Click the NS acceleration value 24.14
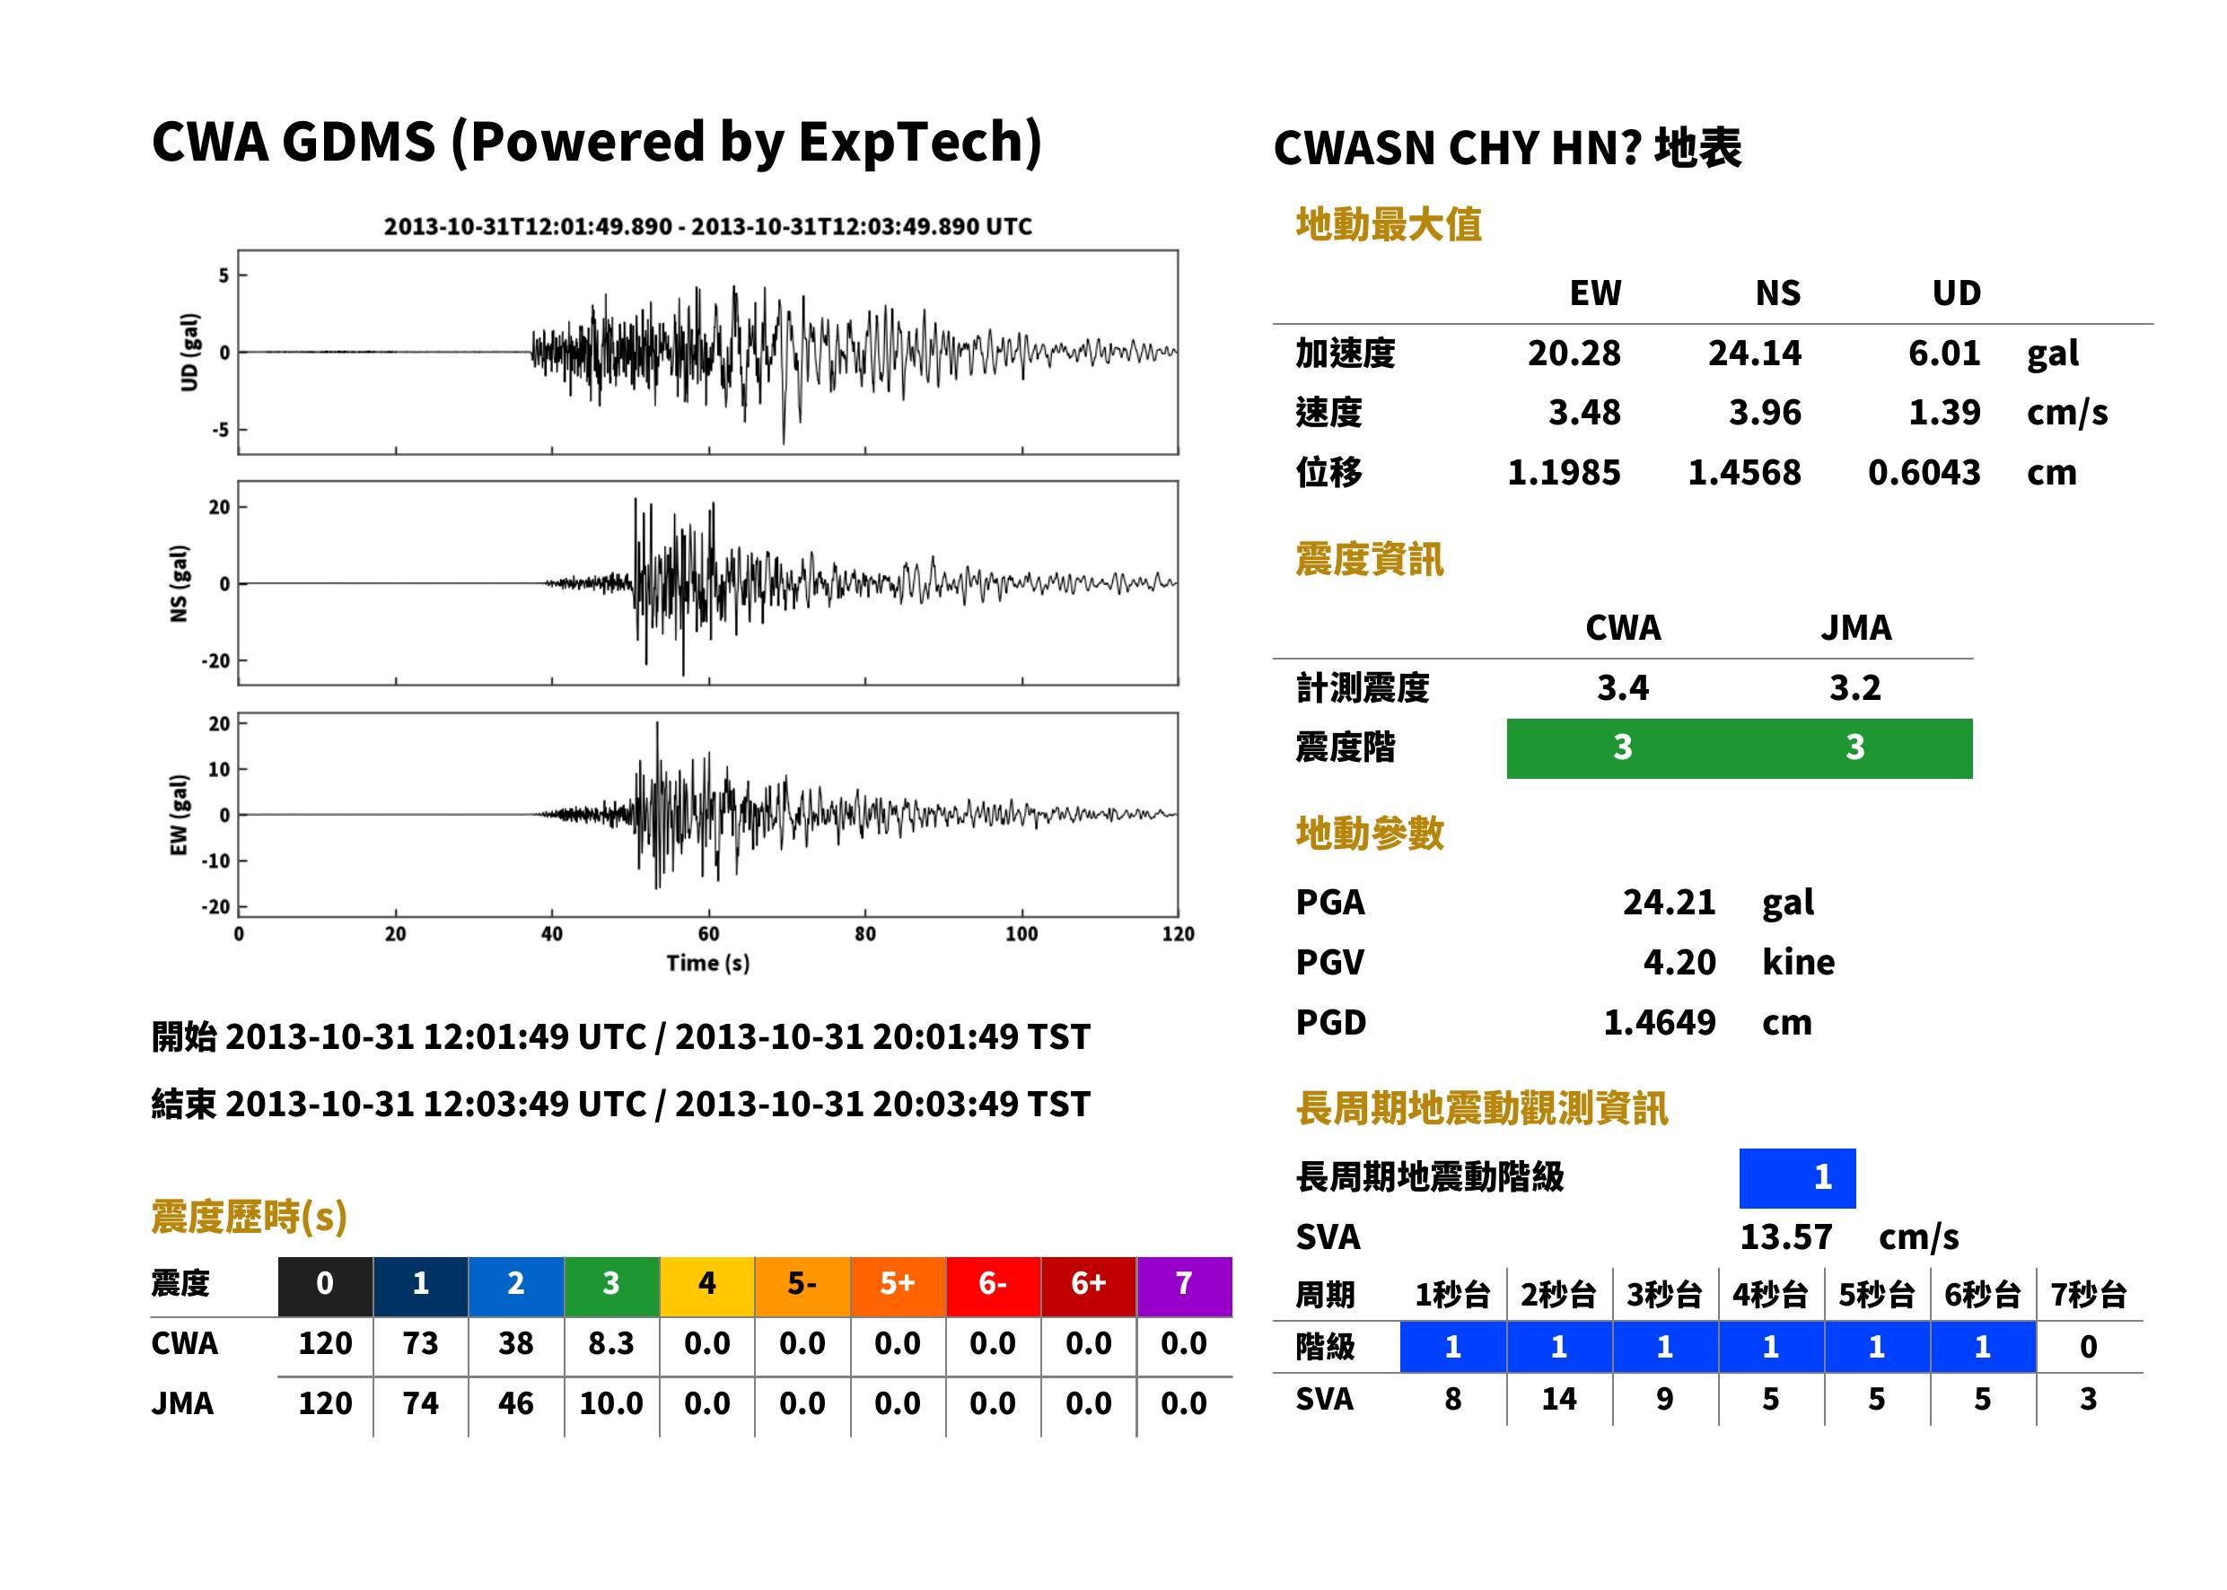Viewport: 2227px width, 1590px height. [1754, 353]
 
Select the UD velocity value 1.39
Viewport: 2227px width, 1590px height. [1944, 412]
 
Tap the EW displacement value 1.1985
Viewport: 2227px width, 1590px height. [1564, 473]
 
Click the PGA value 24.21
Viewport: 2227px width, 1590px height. [1669, 902]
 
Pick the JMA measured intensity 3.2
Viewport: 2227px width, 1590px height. [1854, 687]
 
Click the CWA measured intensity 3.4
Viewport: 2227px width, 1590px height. [1623, 687]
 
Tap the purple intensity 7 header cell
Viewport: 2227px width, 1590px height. [1184, 1283]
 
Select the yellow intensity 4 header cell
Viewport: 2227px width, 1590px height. [707, 1283]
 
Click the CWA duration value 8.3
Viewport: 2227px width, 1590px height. [611, 1343]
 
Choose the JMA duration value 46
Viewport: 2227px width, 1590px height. [515, 1403]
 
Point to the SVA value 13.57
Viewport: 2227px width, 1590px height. [1785, 1236]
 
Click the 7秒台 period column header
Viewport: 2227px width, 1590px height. [2088, 1294]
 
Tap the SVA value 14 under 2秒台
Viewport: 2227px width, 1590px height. [1559, 1399]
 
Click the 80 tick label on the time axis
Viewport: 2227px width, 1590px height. [864, 934]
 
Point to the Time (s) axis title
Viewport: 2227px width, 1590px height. [708, 964]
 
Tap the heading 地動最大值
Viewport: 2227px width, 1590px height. [1389, 224]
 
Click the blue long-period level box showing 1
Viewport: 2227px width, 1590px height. [1797, 1178]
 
